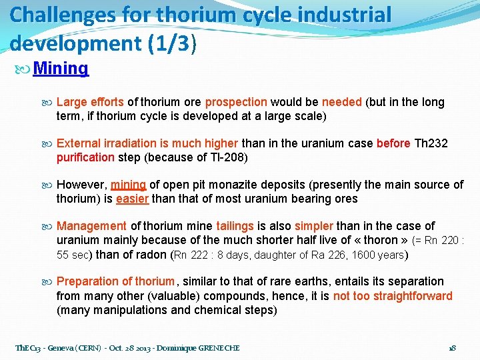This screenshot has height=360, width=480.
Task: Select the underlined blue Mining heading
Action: point(61,68)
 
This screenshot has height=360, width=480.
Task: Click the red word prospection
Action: point(236,102)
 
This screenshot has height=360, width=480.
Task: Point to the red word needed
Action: point(341,102)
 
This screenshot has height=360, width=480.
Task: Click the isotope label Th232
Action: point(431,143)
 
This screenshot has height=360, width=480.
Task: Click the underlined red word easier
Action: point(133,199)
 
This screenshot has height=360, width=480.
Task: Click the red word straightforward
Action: point(393,296)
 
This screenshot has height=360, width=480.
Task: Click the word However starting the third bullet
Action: point(81,185)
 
